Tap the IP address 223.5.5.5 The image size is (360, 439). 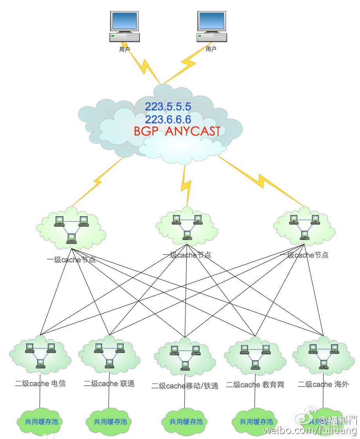pos(168,107)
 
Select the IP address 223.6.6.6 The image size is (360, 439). pos(168,119)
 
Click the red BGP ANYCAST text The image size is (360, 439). pos(177,132)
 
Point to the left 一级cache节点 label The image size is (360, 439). pos(71,260)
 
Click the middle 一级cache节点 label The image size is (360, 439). pos(187,255)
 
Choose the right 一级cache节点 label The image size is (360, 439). pos(304,255)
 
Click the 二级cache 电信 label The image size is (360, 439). pos(40,383)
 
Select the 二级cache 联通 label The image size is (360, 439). pos(109,383)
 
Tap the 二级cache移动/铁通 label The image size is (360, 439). pos(185,386)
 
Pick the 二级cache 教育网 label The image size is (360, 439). pos(255,385)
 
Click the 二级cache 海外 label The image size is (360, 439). pos(323,384)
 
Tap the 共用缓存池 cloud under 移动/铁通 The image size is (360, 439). pos(186,422)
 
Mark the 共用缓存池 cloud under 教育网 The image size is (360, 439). pos(256,422)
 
